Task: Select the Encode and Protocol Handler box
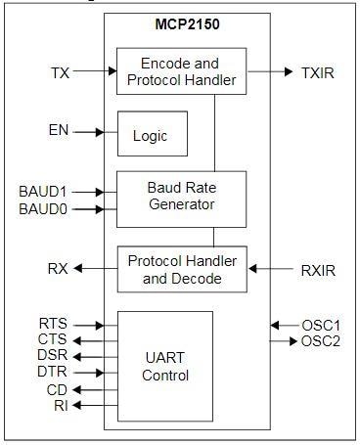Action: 182,70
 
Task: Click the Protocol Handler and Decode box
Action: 182,268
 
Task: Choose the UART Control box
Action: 164,366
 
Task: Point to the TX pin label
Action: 60,71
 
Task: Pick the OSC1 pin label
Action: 319,325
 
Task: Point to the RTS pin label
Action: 53,324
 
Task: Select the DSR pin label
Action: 53,355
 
